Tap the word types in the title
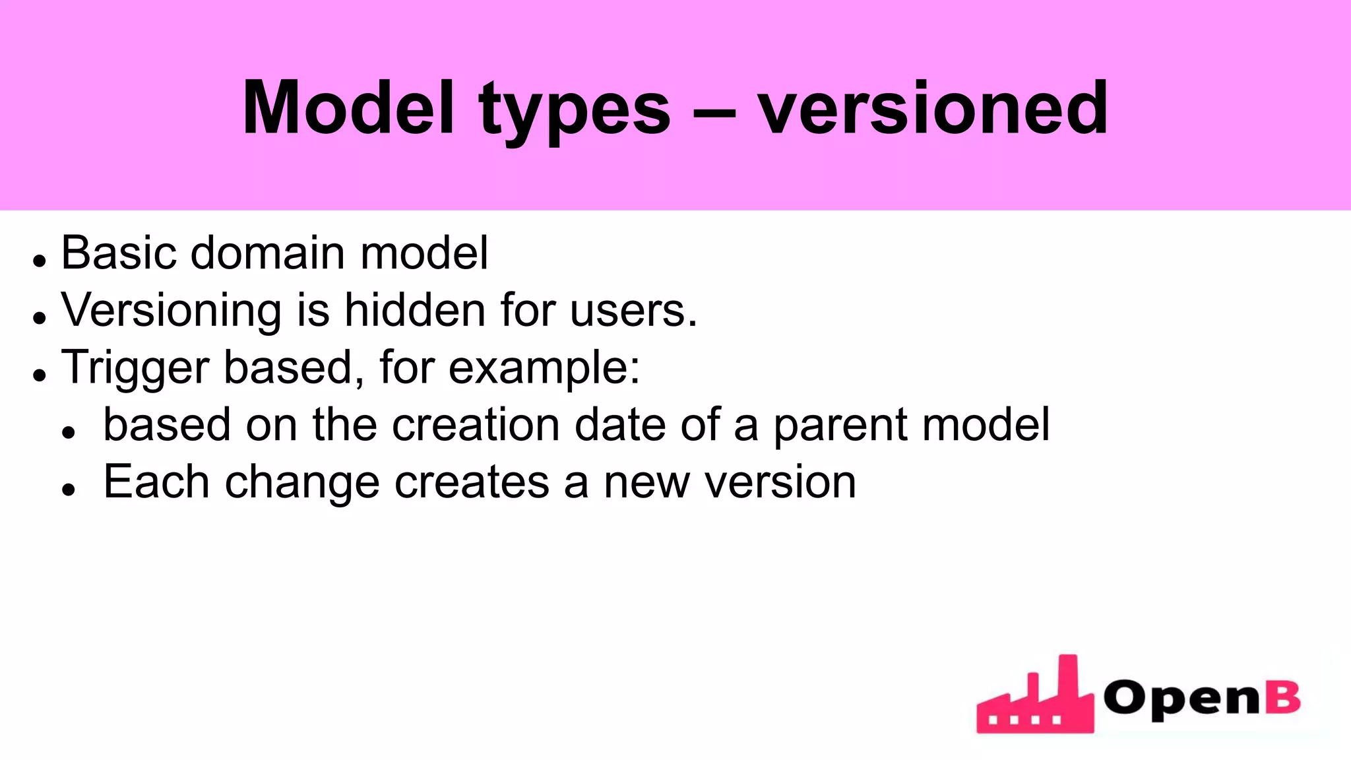click(575, 111)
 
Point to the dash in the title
click(714, 111)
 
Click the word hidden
click(415, 309)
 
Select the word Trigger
click(135, 368)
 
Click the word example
click(544, 368)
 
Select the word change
click(302, 483)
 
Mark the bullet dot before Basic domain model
click(40, 261)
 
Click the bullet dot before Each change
click(69, 490)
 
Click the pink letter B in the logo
click(1283, 697)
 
